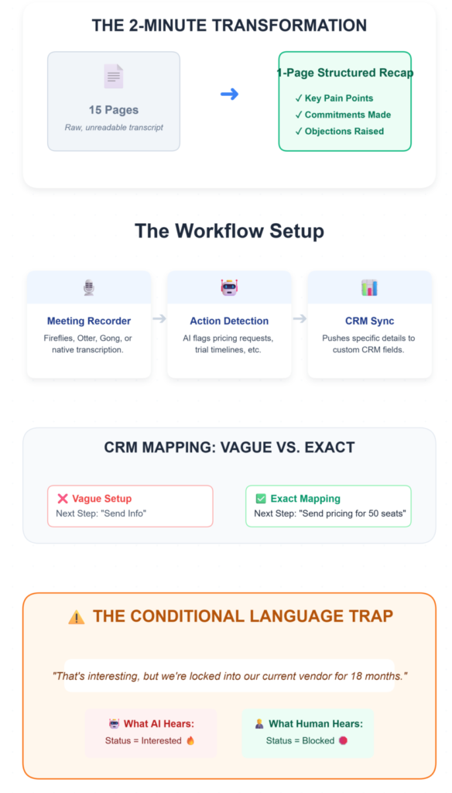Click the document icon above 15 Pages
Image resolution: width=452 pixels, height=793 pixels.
114,77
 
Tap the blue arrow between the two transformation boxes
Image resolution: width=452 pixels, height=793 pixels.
229,94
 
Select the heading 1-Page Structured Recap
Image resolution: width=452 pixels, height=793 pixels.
345,74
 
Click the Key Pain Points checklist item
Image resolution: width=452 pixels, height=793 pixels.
334,98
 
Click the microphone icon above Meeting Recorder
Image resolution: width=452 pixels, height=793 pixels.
89,288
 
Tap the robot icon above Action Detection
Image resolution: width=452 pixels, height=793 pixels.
229,288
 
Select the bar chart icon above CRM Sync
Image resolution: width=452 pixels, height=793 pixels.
369,288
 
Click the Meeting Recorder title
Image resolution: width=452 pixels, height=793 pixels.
89,321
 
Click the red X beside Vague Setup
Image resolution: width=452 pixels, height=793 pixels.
63,499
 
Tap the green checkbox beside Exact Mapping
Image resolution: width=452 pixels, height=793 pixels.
261,499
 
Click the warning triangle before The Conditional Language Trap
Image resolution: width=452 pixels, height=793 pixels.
77,617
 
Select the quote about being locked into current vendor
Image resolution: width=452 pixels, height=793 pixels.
229,676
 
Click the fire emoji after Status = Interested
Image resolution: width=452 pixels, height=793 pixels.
190,741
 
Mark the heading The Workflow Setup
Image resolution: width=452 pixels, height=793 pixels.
229,231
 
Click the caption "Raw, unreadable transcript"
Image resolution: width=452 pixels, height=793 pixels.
114,127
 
